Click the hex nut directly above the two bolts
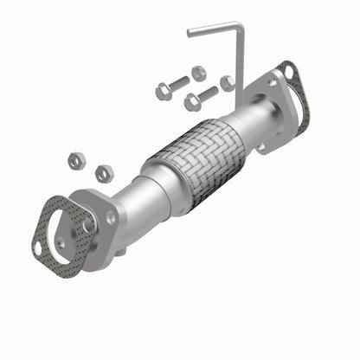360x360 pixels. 198,72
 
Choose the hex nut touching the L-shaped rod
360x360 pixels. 228,83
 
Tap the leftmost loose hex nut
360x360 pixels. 75,160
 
